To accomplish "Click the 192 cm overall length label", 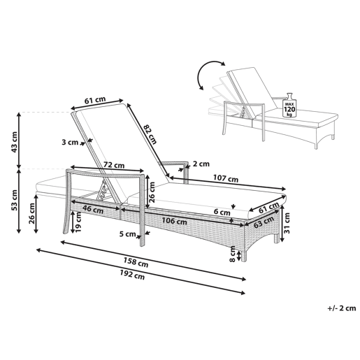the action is coord(132,275).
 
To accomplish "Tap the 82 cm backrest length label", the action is coord(150,134).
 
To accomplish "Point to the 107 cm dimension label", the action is coord(226,178).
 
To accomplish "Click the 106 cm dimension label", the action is coord(174,221).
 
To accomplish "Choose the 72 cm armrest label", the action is coord(114,165).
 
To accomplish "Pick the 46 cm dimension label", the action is coord(93,209).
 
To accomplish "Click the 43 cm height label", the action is coord(14,142).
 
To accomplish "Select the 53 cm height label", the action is coord(14,201).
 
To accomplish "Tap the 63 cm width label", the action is coord(264,222).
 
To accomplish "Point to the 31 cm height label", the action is coord(287,223).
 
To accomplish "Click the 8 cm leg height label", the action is coord(233,254).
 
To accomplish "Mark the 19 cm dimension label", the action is coord(78,222).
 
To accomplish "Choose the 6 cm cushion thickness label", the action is coord(222,212).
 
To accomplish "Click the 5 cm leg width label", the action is coord(127,233).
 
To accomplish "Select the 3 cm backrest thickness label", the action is coord(70,142).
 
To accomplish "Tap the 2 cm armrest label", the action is coord(201,164).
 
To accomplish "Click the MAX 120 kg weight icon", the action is coord(289,105).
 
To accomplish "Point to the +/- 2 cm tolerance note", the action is coord(342,308).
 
